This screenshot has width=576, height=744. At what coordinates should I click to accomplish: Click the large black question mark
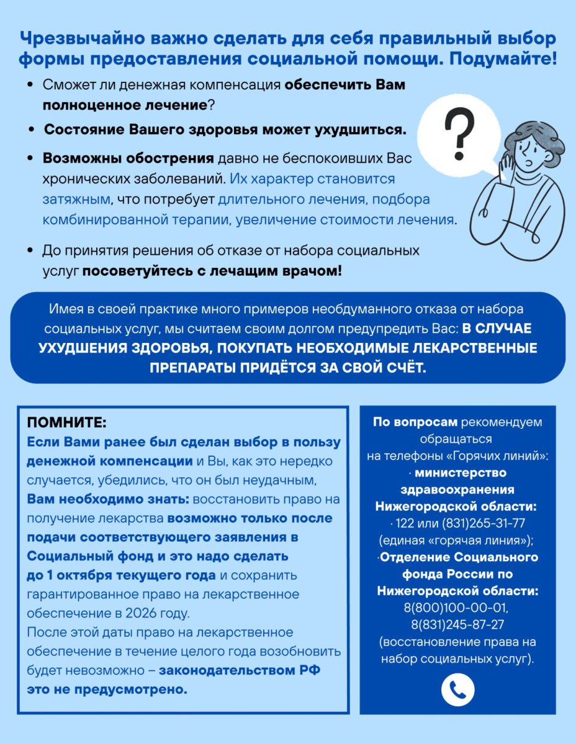(457, 133)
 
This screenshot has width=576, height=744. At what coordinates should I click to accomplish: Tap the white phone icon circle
(457, 689)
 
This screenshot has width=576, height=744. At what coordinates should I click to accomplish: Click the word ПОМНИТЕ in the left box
(66, 423)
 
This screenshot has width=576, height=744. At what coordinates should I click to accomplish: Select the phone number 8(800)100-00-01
(457, 609)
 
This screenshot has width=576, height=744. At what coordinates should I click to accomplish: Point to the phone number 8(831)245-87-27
(457, 625)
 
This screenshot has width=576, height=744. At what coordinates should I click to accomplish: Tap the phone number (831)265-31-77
(477, 522)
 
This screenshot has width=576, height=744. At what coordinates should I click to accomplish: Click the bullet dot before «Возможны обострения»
(30, 159)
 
